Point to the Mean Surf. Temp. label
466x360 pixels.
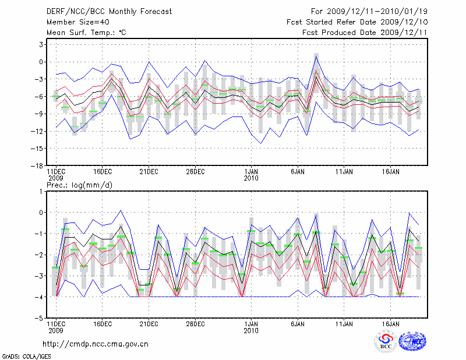pos(86,33)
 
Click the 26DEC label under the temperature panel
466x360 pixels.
pos(195,172)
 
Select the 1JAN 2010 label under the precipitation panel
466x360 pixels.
pos(251,327)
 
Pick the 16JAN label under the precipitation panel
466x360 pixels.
pos(390,323)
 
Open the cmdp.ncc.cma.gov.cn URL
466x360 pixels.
pos(96,344)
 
